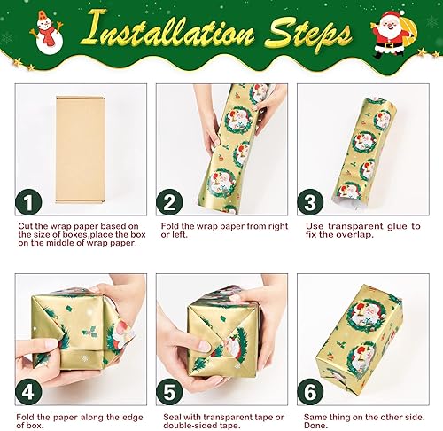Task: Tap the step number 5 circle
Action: [x=168, y=392]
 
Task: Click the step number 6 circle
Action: [x=309, y=392]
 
